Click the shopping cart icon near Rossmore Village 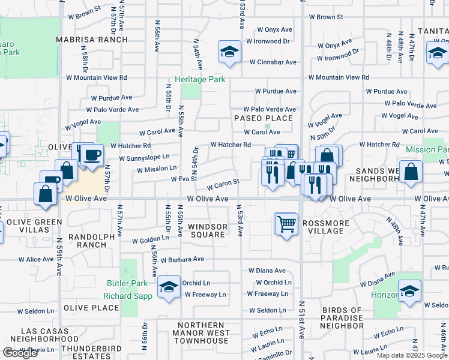point(286,224)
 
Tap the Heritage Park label point(199,80)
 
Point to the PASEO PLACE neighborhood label point(264,118)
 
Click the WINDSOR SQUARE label point(208,230)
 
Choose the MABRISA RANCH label point(92,40)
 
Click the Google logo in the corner point(20,352)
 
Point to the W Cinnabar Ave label point(273,62)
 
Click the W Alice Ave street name point(36,260)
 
